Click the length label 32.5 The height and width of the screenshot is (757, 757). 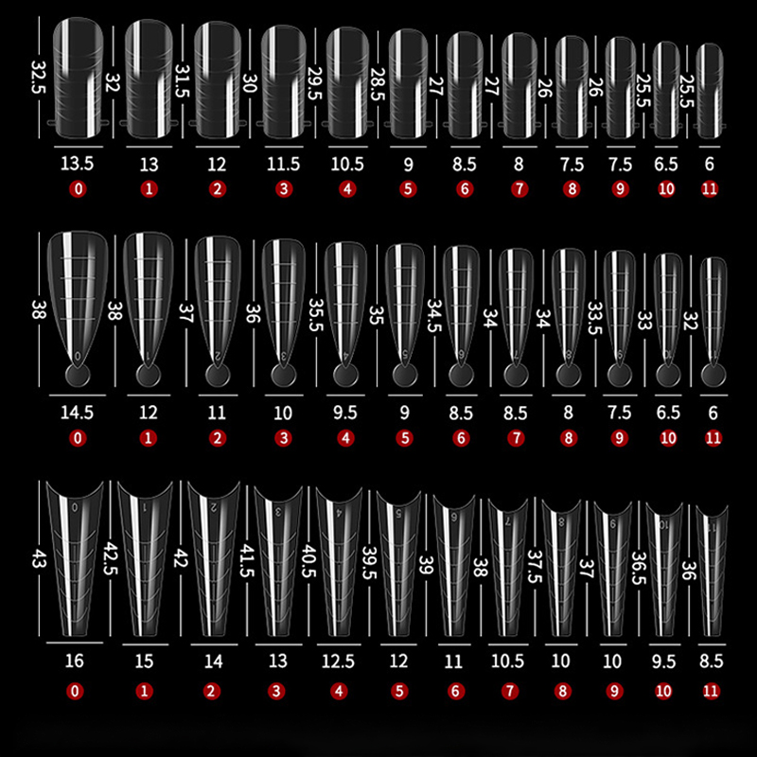tap(38, 77)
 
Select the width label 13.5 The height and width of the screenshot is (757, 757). tap(78, 164)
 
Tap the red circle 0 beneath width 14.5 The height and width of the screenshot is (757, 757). tap(78, 438)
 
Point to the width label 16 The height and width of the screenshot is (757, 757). tap(75, 660)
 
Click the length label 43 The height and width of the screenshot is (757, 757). tap(39, 556)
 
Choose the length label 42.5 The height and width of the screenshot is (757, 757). tap(111, 558)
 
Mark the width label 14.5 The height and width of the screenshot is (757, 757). tap(78, 413)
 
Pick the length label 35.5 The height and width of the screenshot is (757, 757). tap(315, 315)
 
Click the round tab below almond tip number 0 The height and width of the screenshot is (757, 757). tap(78, 375)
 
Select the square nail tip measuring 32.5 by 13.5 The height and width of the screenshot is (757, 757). tap(78, 78)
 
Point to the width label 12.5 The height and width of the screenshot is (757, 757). tap(338, 660)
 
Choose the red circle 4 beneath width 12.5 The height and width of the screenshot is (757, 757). tap(339, 692)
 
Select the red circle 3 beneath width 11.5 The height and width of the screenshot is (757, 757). tap(284, 188)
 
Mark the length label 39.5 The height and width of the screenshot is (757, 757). tap(369, 562)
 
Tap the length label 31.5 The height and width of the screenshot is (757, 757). tap(183, 80)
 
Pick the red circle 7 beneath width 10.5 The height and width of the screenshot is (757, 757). tap(510, 692)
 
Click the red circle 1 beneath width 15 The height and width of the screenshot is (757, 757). tap(144, 692)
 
